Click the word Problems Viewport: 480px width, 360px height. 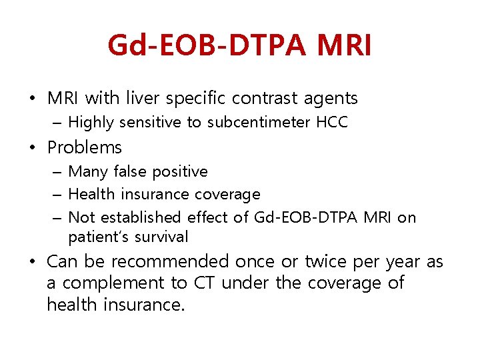point(85,147)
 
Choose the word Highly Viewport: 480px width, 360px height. point(91,122)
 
